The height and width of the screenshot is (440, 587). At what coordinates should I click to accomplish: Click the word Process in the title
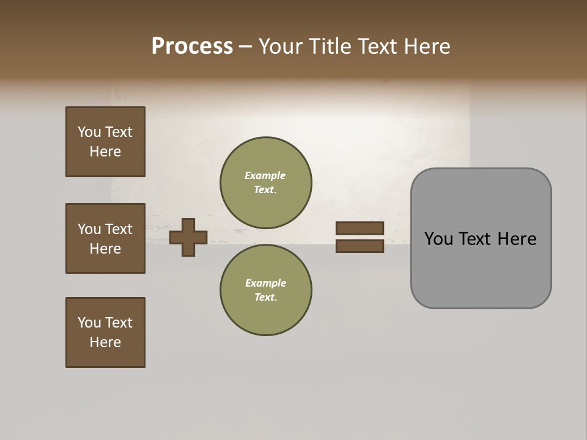click(x=192, y=46)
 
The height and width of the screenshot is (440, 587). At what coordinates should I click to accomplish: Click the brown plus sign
click(x=188, y=237)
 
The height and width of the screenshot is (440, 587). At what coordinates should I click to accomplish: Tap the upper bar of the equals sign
click(x=360, y=229)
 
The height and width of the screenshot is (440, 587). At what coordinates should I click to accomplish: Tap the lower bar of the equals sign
click(x=360, y=246)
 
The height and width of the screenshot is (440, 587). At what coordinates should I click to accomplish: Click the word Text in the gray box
click(x=479, y=239)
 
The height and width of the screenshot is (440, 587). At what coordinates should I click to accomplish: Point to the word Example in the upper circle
click(x=265, y=175)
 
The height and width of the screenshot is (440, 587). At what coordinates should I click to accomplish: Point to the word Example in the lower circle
click(x=265, y=283)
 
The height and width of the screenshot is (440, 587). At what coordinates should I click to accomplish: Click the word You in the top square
click(x=89, y=132)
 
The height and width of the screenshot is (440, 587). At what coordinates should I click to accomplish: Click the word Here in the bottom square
click(x=105, y=342)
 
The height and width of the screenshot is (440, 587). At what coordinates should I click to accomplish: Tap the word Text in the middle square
click(x=119, y=229)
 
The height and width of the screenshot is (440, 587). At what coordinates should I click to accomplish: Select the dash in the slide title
click(x=246, y=46)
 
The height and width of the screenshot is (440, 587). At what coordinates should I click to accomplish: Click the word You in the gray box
click(x=438, y=239)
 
